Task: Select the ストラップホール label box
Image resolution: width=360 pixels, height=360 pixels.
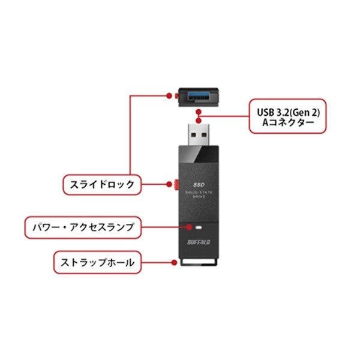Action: (97, 262)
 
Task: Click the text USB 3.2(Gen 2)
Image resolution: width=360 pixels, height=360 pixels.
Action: (288, 111)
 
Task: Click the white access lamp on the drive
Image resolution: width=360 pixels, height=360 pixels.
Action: (197, 228)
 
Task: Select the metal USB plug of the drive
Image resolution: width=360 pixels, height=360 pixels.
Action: (197, 133)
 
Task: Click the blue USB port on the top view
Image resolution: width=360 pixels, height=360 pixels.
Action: (197, 94)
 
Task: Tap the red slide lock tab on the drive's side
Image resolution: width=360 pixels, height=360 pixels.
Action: (178, 184)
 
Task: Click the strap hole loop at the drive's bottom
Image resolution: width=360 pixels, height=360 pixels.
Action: (197, 262)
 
